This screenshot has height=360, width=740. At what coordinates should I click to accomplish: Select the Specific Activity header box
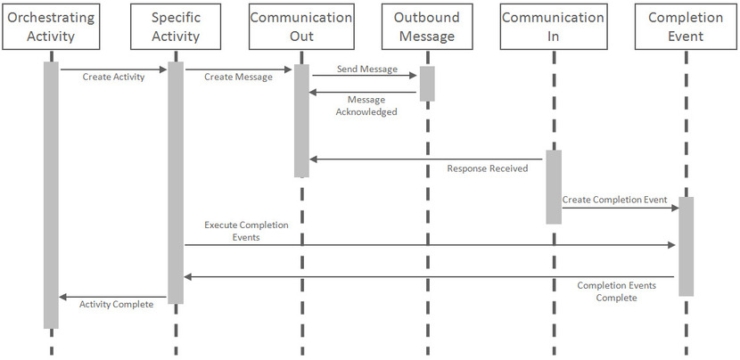(175, 27)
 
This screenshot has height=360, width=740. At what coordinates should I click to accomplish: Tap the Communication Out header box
(301, 27)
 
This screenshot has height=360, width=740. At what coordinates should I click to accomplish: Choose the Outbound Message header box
(427, 27)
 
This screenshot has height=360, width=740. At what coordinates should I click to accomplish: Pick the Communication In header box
(553, 27)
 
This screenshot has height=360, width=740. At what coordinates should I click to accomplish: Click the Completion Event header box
(687, 27)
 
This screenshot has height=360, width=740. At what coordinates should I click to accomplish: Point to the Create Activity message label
(112, 78)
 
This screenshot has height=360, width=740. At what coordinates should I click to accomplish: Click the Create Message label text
(238, 78)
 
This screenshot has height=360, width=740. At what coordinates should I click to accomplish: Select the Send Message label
(366, 69)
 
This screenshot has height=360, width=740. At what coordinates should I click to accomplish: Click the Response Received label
(488, 168)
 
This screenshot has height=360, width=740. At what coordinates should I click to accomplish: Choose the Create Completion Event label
(614, 200)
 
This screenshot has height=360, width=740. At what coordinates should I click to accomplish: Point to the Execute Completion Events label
(240, 233)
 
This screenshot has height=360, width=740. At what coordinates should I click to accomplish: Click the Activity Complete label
(116, 305)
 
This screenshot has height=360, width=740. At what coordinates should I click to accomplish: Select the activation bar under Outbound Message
(427, 83)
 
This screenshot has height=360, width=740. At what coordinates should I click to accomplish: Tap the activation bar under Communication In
(554, 186)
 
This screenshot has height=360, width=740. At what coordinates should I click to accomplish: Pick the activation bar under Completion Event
(687, 246)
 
